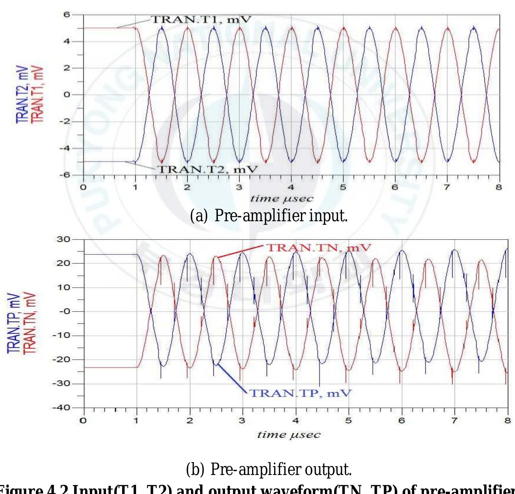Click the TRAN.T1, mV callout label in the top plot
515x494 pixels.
click(201, 20)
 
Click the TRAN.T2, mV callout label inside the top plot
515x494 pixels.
click(208, 169)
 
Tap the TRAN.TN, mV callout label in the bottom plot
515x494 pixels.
click(318, 248)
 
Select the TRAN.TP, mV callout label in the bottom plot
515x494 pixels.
click(300, 393)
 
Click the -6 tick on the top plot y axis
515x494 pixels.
click(64, 175)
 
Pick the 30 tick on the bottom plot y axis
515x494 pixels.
click(63, 240)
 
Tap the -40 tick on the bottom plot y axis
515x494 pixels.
click(61, 408)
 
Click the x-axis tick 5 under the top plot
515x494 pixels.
click(343, 187)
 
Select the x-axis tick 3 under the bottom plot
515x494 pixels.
click(242, 421)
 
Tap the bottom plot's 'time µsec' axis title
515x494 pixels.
click(289, 435)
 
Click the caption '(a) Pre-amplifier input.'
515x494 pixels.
click(269, 216)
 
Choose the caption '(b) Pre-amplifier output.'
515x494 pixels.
click(269, 469)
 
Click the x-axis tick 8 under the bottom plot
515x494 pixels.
click(508, 421)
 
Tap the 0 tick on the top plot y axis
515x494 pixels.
click(67, 95)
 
